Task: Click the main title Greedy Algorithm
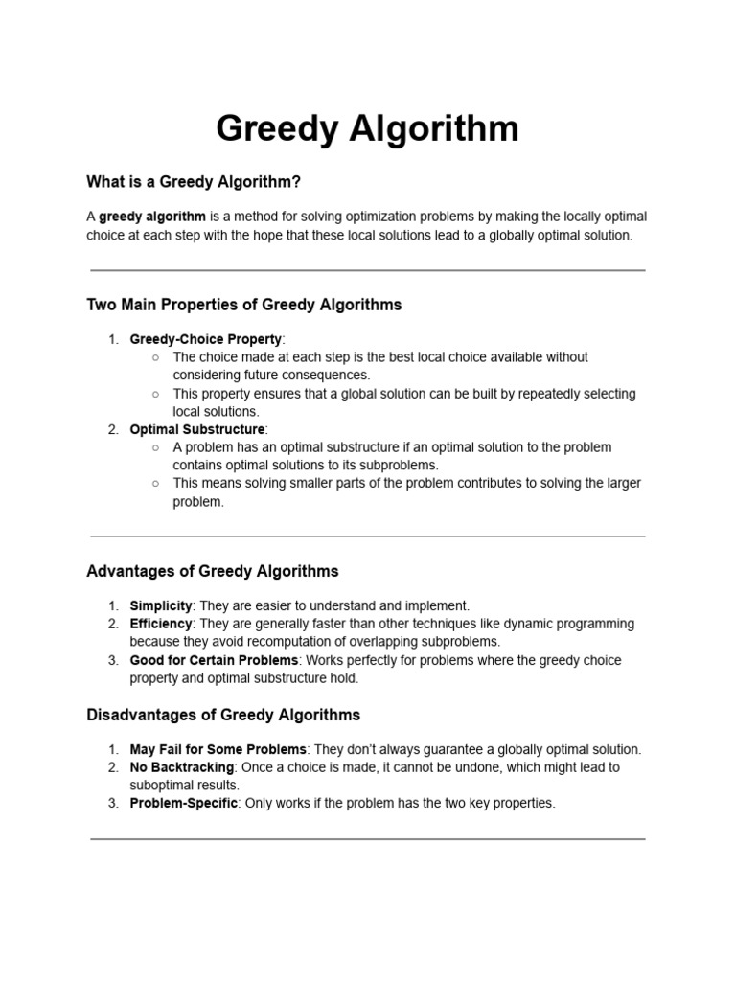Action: (x=367, y=128)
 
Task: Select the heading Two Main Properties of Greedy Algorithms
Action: (x=244, y=305)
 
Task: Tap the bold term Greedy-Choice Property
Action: (x=205, y=339)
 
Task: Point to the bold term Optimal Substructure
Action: (x=196, y=429)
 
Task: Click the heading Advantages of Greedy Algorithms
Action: (x=213, y=571)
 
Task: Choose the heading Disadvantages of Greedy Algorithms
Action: (x=223, y=715)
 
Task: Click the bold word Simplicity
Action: (x=161, y=606)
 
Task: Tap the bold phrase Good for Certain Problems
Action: (x=215, y=660)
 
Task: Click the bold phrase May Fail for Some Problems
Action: (x=218, y=749)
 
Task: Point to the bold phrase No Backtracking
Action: (x=182, y=767)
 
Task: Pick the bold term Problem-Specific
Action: (x=184, y=803)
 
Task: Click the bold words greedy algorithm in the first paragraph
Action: (x=152, y=217)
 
